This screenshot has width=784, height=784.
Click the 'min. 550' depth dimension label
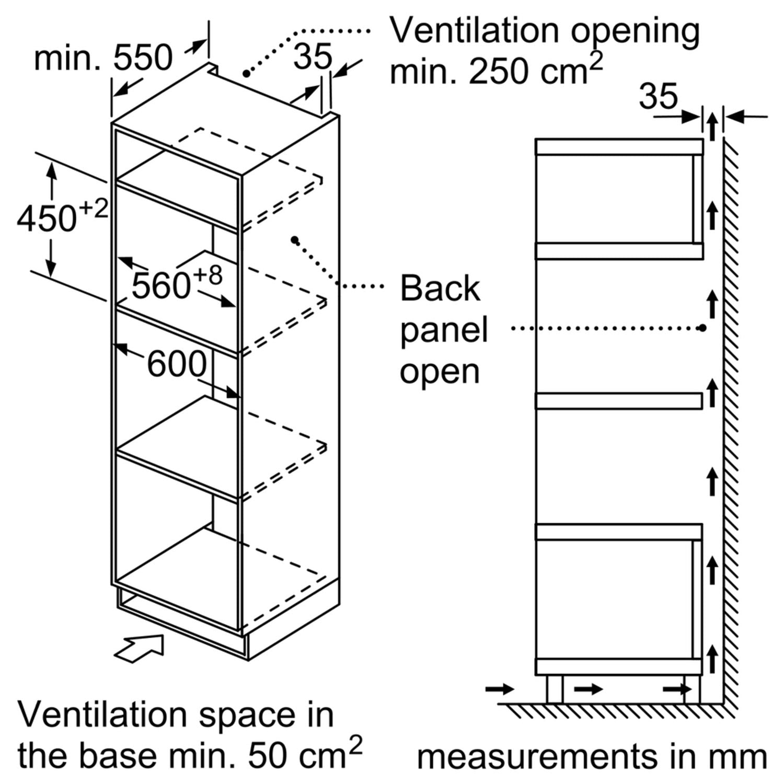click(x=103, y=57)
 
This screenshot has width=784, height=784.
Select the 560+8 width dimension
click(x=177, y=282)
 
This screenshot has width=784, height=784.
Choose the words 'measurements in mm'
click(x=592, y=756)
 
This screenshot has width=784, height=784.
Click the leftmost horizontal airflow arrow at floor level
click(x=499, y=689)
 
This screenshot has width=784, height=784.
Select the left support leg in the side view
click(x=555, y=689)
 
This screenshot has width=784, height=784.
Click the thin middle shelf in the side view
click(x=619, y=400)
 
